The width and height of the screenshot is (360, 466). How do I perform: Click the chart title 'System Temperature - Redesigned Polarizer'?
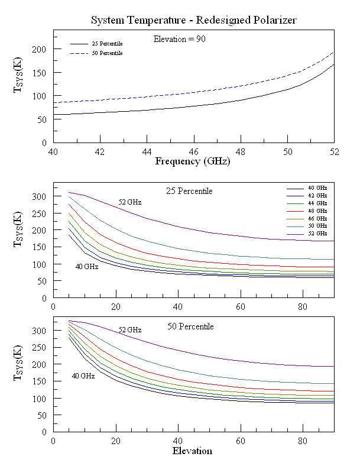193,20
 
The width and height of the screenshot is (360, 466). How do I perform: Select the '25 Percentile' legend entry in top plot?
107,44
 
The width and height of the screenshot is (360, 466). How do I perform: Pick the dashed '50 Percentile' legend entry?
107,54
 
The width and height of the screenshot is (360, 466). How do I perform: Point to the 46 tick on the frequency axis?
193,151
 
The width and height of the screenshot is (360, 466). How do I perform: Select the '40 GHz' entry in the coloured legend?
317,187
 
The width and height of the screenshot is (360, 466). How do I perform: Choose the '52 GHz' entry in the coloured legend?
317,234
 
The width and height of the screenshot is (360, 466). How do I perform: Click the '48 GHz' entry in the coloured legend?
317,210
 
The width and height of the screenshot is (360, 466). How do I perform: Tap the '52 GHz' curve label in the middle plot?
130,202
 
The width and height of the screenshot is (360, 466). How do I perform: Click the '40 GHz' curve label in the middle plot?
86,266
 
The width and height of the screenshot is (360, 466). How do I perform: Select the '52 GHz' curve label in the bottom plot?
130,329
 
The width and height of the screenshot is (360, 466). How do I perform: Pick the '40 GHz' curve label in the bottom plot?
83,376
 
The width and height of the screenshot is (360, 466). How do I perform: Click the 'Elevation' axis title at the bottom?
192,451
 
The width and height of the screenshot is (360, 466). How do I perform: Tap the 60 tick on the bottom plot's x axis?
241,441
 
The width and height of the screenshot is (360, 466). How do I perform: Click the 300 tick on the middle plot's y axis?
38,196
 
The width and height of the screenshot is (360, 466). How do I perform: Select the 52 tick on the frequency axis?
334,151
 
